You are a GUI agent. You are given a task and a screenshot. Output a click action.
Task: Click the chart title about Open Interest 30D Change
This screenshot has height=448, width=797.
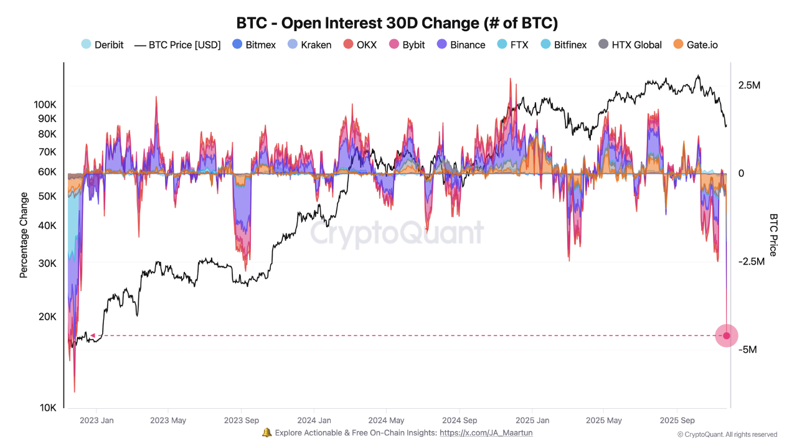pyautogui.click(x=397, y=23)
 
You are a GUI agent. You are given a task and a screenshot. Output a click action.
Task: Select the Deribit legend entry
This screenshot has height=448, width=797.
pyautogui.click(x=103, y=45)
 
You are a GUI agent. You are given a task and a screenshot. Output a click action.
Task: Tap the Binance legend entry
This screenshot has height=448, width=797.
pyautogui.click(x=461, y=45)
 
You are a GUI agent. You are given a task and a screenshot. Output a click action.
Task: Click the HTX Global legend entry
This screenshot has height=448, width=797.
pyautogui.click(x=630, y=45)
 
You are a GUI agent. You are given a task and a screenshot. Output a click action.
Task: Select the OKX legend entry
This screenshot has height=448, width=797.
pyautogui.click(x=360, y=45)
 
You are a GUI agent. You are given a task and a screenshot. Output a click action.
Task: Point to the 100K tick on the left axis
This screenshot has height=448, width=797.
pyautogui.click(x=45, y=105)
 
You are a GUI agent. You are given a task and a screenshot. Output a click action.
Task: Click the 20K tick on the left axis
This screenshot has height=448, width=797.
pyautogui.click(x=48, y=317)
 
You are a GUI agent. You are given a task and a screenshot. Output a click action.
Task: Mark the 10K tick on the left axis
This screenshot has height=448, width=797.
pyautogui.click(x=48, y=408)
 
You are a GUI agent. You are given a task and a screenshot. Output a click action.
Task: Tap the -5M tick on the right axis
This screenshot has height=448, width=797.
pyautogui.click(x=747, y=350)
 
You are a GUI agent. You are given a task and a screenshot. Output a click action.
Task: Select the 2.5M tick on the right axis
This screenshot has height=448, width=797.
pyautogui.click(x=749, y=85)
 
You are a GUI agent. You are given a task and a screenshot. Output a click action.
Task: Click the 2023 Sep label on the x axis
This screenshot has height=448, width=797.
pyautogui.click(x=242, y=420)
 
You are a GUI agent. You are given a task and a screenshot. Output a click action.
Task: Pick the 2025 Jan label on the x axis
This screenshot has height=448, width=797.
pyautogui.click(x=533, y=420)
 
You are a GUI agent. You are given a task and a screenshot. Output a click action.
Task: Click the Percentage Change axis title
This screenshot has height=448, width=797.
pyautogui.click(x=24, y=235)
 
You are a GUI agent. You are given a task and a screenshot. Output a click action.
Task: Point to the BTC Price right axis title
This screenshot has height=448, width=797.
pyautogui.click(x=773, y=235)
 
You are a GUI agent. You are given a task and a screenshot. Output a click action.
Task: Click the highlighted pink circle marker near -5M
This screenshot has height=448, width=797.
pyautogui.click(x=726, y=335)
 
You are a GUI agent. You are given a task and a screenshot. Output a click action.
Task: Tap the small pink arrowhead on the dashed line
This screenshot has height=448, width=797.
pyautogui.click(x=93, y=335)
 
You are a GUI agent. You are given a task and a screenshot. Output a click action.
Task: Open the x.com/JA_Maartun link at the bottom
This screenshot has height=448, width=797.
pyautogui.click(x=486, y=432)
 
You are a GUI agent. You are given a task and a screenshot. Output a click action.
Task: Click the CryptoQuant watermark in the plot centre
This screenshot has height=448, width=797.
pyautogui.click(x=397, y=233)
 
